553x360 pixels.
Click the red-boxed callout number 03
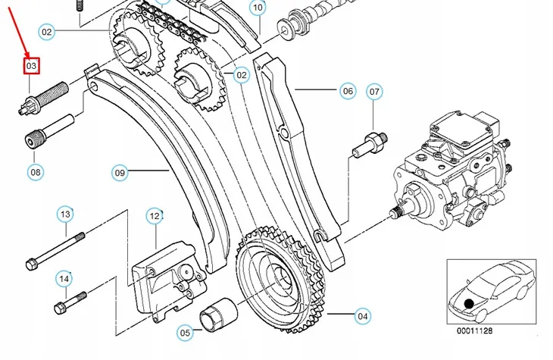pos(31,67)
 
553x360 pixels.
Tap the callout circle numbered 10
pos(258,8)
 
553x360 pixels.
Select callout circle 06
pos(348,92)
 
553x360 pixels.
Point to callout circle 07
pos(374,92)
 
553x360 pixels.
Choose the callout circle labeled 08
pos(36,172)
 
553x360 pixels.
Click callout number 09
pos(120,173)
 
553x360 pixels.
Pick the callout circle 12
pos(155,216)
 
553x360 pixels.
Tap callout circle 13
pos(65,214)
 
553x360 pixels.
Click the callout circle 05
pos(186,332)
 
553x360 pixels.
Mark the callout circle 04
pos(363,315)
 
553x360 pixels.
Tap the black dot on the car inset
pos(470,303)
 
